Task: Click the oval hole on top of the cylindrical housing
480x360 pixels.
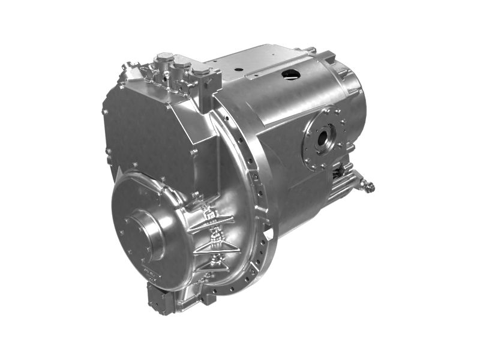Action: point(291,74)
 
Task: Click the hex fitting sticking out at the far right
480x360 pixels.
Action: point(370,187)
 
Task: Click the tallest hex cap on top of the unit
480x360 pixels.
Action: point(163,60)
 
